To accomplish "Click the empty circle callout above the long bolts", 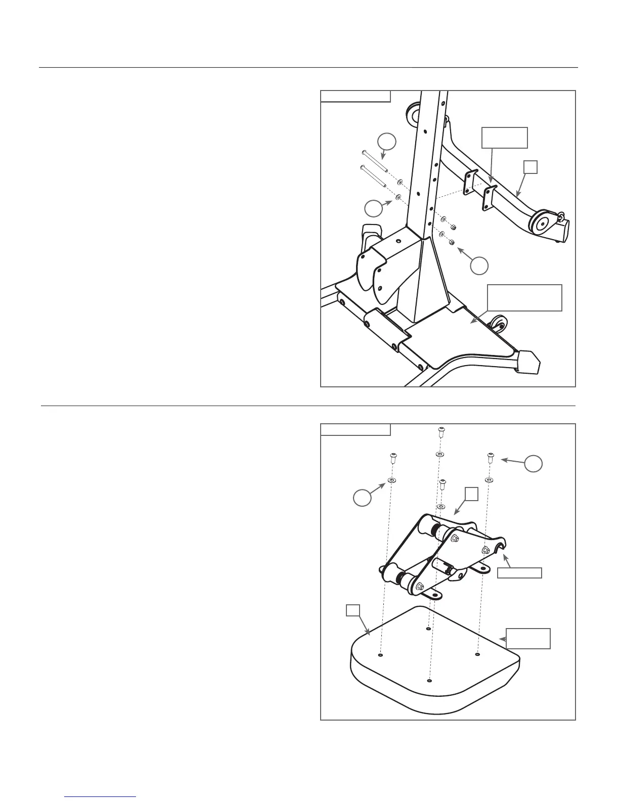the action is [386, 142].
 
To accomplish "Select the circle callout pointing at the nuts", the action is [479, 265].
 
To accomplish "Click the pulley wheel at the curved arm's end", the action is [540, 223].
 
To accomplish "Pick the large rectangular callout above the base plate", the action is [524, 298].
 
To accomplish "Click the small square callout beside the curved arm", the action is [530, 167].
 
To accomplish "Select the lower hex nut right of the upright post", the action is [452, 243].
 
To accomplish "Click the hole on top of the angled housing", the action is [399, 242].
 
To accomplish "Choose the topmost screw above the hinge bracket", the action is [440, 431].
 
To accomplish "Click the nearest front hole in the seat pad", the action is [429, 681].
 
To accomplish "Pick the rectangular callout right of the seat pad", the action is [528, 638].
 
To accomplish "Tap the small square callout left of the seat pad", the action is [352, 611].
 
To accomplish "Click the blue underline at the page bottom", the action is [101, 796].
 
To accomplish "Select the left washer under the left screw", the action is [392, 479].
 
